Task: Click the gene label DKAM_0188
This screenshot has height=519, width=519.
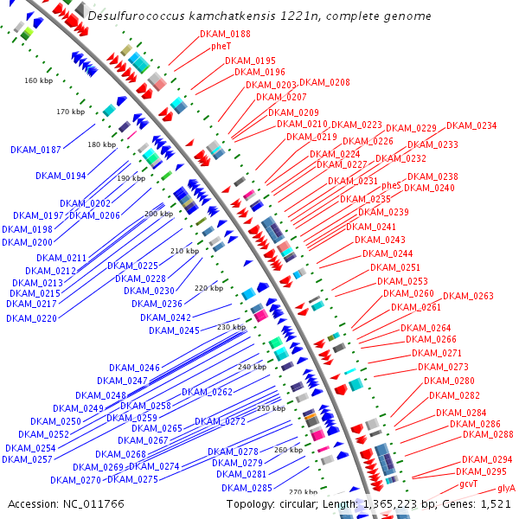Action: tap(225, 34)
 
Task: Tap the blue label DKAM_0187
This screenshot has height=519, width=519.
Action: tap(35, 150)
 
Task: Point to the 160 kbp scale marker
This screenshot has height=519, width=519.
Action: tap(38, 80)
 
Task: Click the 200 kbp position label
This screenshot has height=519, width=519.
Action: tap(158, 213)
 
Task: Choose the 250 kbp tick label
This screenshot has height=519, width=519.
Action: tap(271, 407)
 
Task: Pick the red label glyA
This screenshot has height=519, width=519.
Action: tap(506, 489)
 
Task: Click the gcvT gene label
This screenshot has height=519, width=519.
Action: tap(468, 484)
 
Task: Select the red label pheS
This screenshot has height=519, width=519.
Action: tap(391, 185)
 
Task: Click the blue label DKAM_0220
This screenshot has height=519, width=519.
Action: tap(31, 318)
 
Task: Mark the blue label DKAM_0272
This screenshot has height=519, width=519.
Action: tap(220, 421)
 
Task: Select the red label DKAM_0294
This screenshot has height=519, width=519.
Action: tap(487, 459)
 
